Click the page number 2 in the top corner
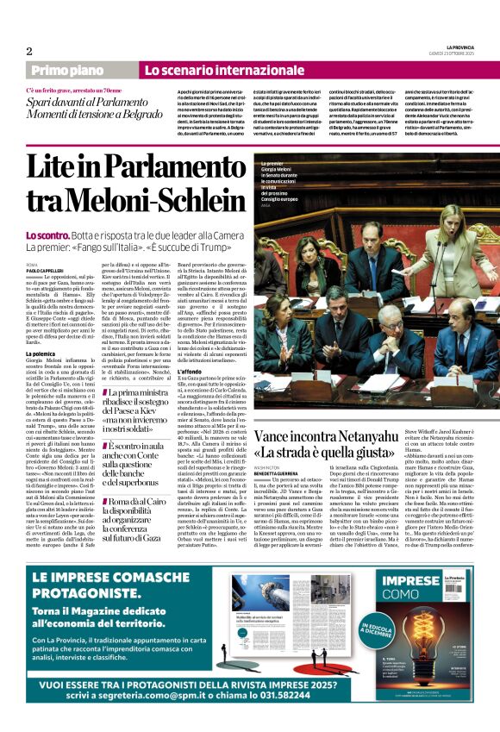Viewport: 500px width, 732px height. (29, 51)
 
